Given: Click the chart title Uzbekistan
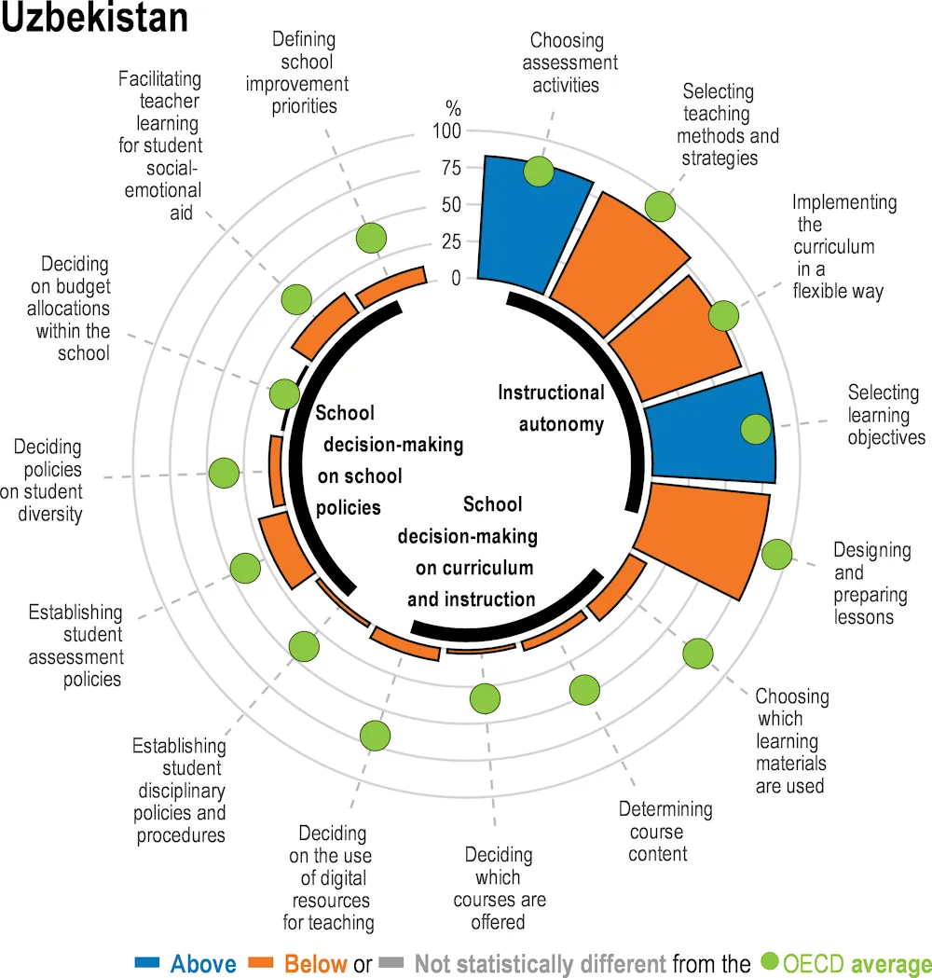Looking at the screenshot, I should (94, 19).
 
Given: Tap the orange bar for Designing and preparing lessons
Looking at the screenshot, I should (704, 536).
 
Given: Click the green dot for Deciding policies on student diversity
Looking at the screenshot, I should (224, 473).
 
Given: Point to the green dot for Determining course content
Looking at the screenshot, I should (584, 690).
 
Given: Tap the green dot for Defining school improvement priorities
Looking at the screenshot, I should (371, 239).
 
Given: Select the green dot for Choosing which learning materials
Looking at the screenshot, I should (698, 654).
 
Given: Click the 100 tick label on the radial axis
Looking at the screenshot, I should (446, 131).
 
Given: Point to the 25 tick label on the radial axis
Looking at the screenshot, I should (450, 242).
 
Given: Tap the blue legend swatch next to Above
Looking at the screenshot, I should (149, 962).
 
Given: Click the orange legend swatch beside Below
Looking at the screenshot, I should (263, 962).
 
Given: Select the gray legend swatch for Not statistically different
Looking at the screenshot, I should (392, 962).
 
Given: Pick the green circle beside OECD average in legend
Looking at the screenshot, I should (770, 962).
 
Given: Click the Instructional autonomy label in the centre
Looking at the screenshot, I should (551, 408).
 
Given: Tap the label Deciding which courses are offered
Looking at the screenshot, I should (499, 888).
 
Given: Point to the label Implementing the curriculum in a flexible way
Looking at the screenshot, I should (843, 247).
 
